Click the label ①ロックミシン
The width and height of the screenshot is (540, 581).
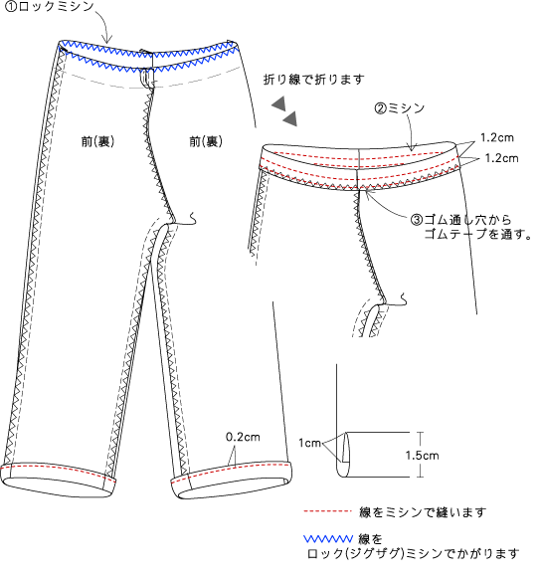[x=50, y=7]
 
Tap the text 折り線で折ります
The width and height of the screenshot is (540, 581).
[x=314, y=80]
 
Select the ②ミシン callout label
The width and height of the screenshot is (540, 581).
[x=400, y=108]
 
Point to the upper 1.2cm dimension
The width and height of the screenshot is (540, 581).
[x=497, y=138]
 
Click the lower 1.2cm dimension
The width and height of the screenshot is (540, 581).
[x=501, y=158]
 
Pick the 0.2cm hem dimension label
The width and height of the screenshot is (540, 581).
[x=243, y=437]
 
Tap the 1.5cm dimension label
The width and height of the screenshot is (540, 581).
[x=423, y=456]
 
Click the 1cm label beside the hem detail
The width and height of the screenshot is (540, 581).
[x=309, y=443]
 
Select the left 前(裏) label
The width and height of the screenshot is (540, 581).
[x=97, y=141]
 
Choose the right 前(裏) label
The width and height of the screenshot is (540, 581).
[x=206, y=141]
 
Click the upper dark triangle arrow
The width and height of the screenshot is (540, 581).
[x=279, y=104]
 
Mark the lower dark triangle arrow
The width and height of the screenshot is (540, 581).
[x=290, y=118]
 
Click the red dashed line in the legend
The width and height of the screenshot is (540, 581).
[x=327, y=511]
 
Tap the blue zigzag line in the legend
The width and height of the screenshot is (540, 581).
[x=328, y=538]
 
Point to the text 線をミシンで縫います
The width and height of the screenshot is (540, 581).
[x=423, y=512]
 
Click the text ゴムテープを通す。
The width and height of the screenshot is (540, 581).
[x=477, y=234]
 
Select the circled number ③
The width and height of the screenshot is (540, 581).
[x=417, y=220]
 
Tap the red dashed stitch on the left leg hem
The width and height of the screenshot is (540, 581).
[x=58, y=471]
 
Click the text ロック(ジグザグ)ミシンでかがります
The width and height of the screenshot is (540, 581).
[x=413, y=554]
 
